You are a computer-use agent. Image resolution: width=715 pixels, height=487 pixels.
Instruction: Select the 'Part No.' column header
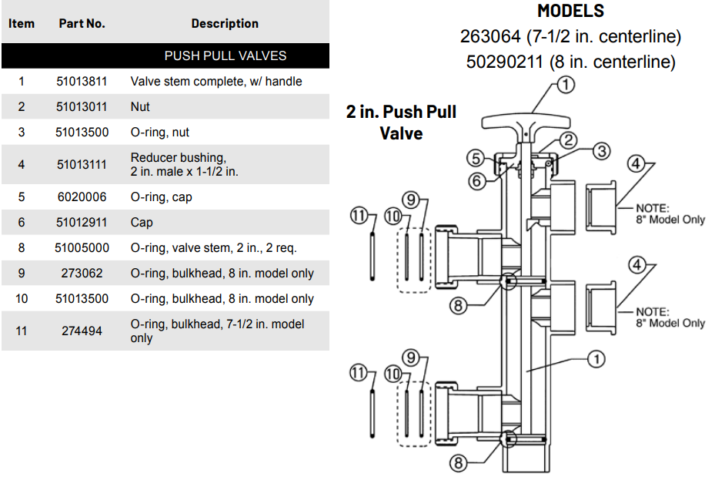[x=82, y=23]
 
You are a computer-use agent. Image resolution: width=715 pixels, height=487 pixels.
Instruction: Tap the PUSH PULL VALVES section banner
[x=225, y=55]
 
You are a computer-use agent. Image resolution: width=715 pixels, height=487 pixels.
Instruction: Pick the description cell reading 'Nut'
[x=140, y=106]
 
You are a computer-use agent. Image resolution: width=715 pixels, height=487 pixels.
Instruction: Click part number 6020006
[x=82, y=196]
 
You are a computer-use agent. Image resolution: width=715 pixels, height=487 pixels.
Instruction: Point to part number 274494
[x=82, y=331]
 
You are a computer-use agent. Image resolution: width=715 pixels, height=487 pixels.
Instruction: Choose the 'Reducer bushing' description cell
[x=184, y=164]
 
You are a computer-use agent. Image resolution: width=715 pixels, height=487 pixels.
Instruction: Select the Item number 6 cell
[x=22, y=222]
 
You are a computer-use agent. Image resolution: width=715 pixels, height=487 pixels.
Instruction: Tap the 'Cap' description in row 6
[x=142, y=222]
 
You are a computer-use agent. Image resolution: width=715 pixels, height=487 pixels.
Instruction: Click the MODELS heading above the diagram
[x=570, y=11]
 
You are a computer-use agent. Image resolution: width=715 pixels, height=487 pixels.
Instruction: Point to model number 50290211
[x=506, y=62]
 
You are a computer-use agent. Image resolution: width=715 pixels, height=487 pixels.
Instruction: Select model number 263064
[x=493, y=36]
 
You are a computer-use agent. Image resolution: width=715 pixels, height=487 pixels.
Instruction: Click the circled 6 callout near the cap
[x=477, y=181]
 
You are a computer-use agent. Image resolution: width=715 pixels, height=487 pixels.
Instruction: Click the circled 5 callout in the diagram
[x=477, y=159]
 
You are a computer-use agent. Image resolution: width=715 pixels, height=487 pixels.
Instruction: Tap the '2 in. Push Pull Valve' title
[x=401, y=123]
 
